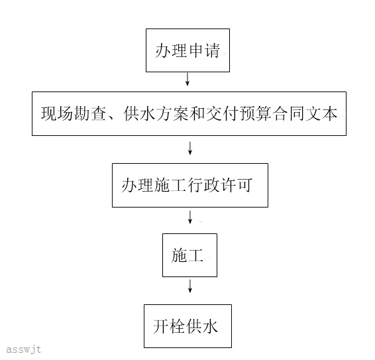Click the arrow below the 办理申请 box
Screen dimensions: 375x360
[187, 80]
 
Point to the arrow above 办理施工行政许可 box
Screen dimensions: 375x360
[190, 148]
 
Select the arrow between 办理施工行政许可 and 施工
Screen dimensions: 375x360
[190, 217]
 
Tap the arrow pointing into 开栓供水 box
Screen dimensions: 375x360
[190, 286]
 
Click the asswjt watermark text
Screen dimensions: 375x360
[23, 349]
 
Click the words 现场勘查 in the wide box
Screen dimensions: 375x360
[74, 113]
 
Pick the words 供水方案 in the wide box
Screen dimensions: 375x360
[156, 113]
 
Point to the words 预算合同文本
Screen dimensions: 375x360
[289, 113]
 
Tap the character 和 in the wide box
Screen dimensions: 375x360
[197, 113]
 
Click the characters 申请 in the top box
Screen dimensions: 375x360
[204, 50]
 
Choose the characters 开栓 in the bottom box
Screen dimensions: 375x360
[169, 326]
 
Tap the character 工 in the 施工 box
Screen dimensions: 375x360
[195, 255]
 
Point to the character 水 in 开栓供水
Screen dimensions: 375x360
[210, 326]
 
